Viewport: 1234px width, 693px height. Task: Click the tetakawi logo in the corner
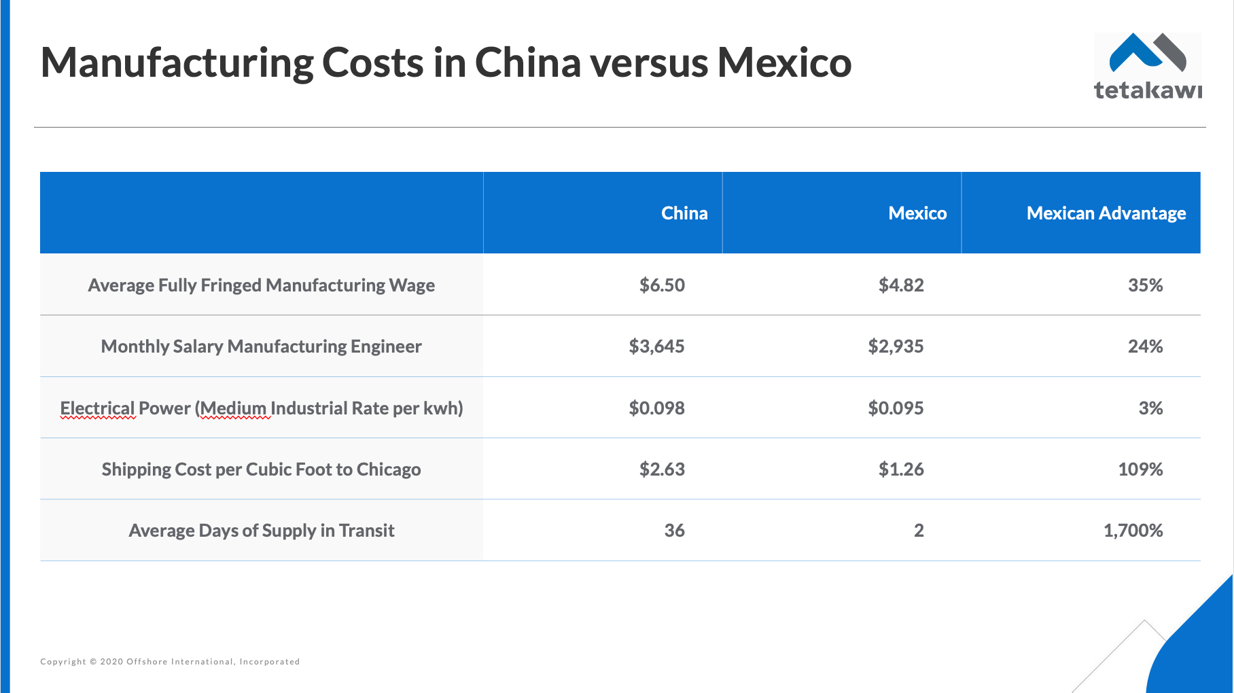pos(1147,67)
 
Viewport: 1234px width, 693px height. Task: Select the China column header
pos(684,213)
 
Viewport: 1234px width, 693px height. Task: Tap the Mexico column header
pos(917,213)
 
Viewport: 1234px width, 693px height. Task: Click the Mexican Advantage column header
pos(1106,213)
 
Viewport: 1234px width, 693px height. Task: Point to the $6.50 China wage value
pos(662,285)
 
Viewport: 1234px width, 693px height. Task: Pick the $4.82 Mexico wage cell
pos(901,285)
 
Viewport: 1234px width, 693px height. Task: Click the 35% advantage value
pos(1145,285)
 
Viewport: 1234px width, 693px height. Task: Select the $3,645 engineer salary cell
pos(656,346)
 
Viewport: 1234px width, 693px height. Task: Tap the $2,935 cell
pos(896,346)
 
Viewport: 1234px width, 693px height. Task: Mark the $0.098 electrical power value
pos(656,408)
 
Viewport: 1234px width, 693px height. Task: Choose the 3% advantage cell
pos(1150,408)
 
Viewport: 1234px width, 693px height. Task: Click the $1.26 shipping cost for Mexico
pos(901,469)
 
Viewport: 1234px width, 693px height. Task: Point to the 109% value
pos(1140,469)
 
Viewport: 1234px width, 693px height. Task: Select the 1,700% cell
pos(1133,531)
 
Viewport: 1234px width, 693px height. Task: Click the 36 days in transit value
pos(674,531)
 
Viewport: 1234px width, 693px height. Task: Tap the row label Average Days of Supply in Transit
pos(262,531)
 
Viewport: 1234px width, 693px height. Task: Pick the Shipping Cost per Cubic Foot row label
pos(262,469)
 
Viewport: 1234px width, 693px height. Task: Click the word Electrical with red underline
pos(97,408)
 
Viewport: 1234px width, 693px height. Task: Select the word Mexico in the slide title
pos(784,63)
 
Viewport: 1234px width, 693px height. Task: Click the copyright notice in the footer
pos(170,662)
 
